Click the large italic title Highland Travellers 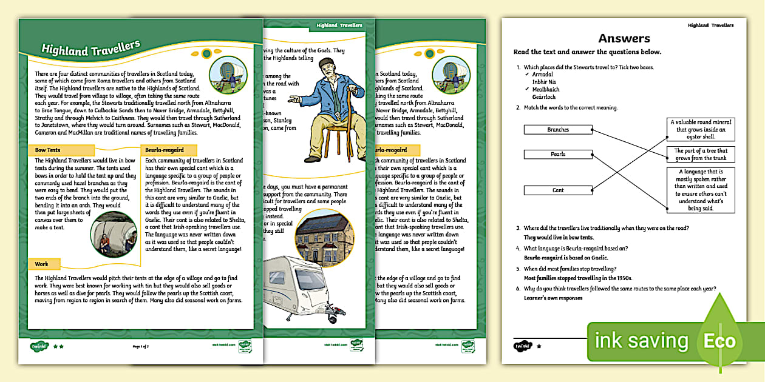click(91, 49)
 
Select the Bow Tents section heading click(48, 150)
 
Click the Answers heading click(624, 39)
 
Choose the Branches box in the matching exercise click(558, 130)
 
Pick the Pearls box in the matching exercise click(558, 154)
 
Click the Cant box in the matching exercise click(558, 190)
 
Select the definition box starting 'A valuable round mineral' click(701, 129)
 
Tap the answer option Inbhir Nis click(544, 82)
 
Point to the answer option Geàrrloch click(544, 97)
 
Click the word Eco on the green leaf click(719, 342)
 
